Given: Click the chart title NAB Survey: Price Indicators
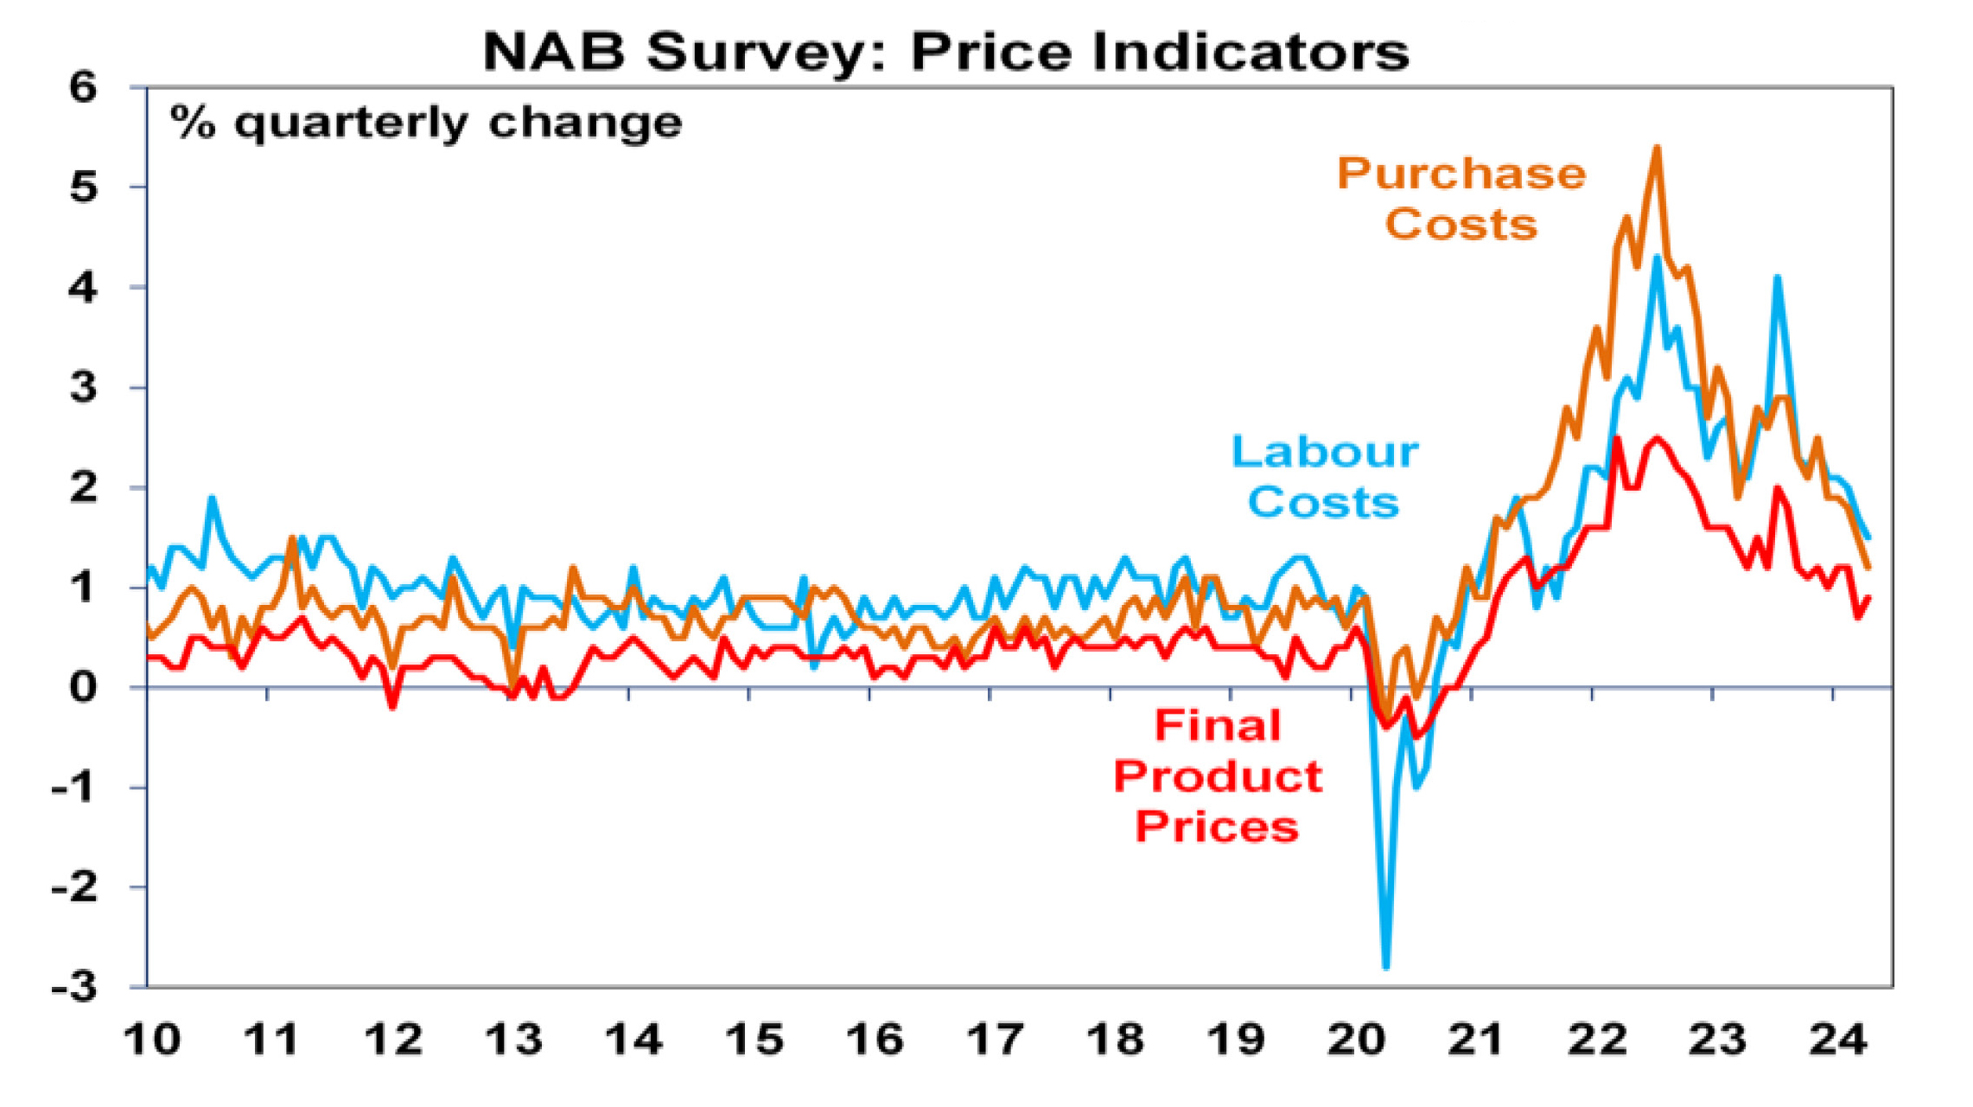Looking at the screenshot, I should tap(945, 52).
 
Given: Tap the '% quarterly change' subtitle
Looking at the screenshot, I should tap(426, 123).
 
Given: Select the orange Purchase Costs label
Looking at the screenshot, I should tap(1461, 199).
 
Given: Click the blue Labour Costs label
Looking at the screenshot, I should tap(1324, 477).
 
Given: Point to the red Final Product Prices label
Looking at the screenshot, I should tap(1218, 776).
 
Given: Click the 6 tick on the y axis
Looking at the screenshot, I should tap(83, 87).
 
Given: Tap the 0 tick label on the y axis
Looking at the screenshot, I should tap(83, 688).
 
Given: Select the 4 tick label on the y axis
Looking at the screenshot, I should tap(83, 288).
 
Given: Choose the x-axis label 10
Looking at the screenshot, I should tap(152, 1039).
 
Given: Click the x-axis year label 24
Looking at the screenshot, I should tap(1838, 1039).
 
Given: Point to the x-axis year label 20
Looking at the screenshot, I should tap(1356, 1039).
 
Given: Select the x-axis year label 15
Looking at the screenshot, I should tap(754, 1039).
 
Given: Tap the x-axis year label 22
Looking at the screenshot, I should tap(1597, 1039).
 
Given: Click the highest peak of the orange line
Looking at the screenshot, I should tap(1657, 149).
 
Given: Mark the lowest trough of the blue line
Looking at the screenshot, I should tap(1386, 967).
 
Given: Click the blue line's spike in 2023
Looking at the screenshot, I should tap(1777, 278).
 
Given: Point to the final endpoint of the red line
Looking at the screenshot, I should tap(1869, 598).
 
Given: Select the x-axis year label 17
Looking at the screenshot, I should tap(995, 1039).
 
